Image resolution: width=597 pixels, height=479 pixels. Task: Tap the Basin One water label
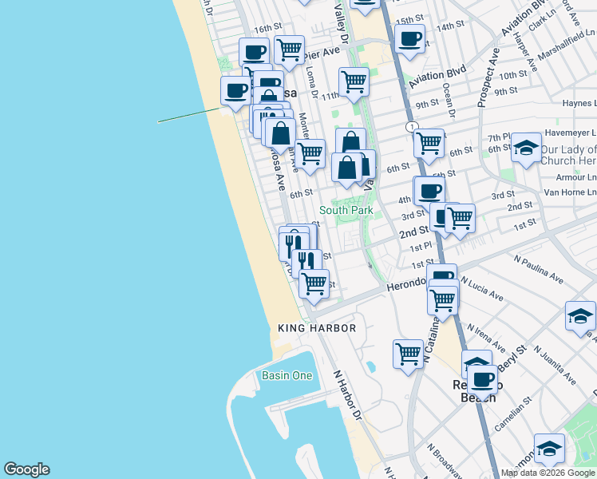[x=287, y=375]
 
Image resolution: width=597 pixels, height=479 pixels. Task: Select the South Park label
[x=346, y=210]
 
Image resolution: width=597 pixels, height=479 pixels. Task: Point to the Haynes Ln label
[x=579, y=103]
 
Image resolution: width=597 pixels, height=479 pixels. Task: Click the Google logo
[x=26, y=469]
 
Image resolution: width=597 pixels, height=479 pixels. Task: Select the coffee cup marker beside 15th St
[x=409, y=38]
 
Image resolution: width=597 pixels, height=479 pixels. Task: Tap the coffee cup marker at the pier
[x=235, y=90]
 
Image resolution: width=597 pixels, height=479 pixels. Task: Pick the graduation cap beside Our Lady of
[x=526, y=147]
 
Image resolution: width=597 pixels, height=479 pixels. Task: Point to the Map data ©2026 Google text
[x=548, y=473]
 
